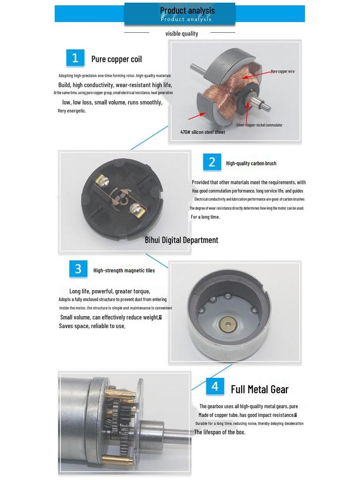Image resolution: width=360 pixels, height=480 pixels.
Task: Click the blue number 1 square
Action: (75, 58)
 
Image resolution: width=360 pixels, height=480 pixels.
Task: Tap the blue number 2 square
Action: (212, 162)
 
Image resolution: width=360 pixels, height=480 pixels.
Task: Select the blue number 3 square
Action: (78, 269)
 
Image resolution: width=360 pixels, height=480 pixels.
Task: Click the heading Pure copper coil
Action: (116, 59)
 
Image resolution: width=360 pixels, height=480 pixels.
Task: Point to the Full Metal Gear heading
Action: (259, 390)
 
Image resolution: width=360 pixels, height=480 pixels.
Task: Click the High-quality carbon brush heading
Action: (251, 163)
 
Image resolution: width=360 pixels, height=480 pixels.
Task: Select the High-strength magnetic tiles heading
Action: (124, 270)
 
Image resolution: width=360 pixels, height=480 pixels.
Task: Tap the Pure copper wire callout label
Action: (282, 72)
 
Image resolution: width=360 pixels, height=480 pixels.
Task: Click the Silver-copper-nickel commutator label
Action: (259, 125)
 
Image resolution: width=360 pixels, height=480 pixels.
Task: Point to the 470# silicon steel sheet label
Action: (202, 132)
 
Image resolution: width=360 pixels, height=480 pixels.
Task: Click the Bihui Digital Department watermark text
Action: (181, 240)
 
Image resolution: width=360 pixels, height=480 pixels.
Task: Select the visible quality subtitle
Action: (181, 34)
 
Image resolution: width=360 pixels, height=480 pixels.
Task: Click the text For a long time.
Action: (205, 217)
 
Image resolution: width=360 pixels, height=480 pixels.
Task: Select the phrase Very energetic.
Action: (72, 111)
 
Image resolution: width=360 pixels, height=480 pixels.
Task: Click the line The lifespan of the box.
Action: (220, 432)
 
